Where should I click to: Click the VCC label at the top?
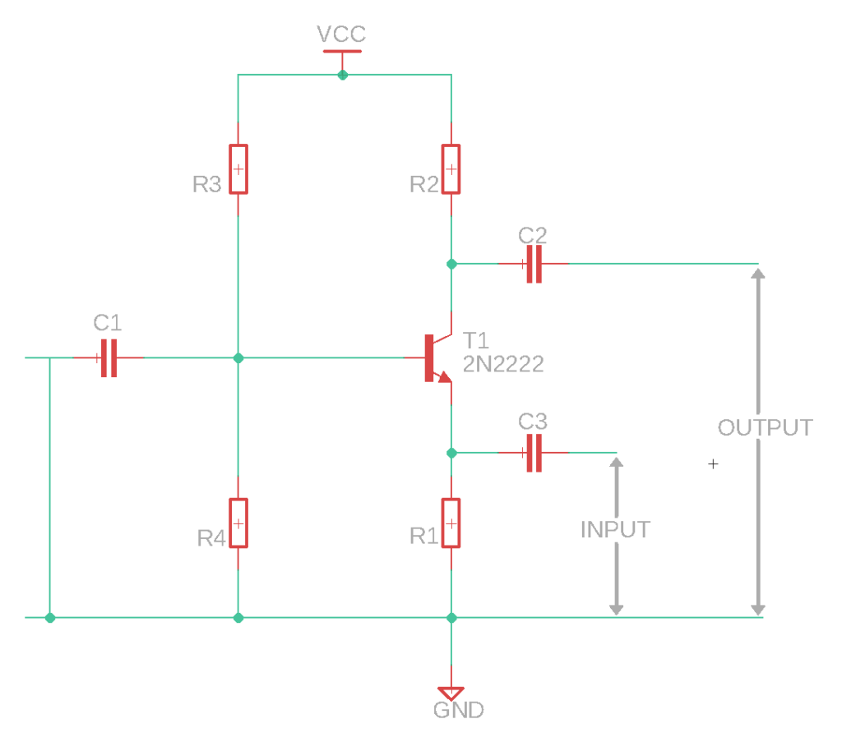pos(341,35)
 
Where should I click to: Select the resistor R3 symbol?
pos(238,169)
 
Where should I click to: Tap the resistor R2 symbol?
pos(451,169)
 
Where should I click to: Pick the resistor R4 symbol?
pos(238,523)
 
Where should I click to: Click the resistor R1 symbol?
pos(451,523)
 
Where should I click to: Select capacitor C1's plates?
pos(109,357)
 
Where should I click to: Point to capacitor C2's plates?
pos(534,264)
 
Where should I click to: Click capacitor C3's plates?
pos(534,453)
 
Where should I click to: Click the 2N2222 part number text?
pos(503,364)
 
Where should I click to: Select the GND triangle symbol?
pos(451,692)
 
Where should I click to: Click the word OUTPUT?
pos(765,427)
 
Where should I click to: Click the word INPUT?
pos(615,530)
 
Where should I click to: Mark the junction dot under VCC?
pos(343,75)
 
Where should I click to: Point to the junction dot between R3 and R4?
pos(238,357)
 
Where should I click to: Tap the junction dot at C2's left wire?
pos(451,264)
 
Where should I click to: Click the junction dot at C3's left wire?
pos(451,453)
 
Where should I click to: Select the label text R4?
pos(211,538)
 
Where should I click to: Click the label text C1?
pos(108,320)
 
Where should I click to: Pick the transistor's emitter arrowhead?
pos(444,377)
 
